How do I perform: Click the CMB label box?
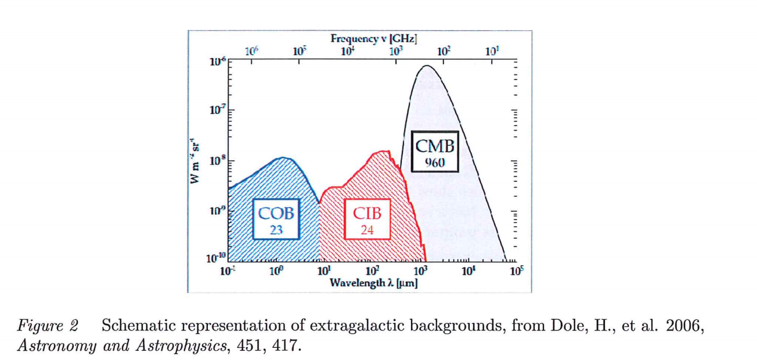(x=434, y=151)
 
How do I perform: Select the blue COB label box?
(x=276, y=219)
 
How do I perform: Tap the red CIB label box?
(x=367, y=219)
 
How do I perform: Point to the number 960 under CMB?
(x=434, y=163)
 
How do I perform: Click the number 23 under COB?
(x=276, y=230)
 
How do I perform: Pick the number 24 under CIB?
(x=367, y=230)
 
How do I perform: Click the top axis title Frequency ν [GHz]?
(x=374, y=38)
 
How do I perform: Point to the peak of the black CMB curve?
(x=427, y=66)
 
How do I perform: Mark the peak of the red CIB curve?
(x=383, y=152)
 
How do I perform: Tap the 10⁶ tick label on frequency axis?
(x=251, y=52)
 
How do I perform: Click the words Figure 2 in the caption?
(x=48, y=326)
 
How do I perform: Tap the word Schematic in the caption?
(x=134, y=326)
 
